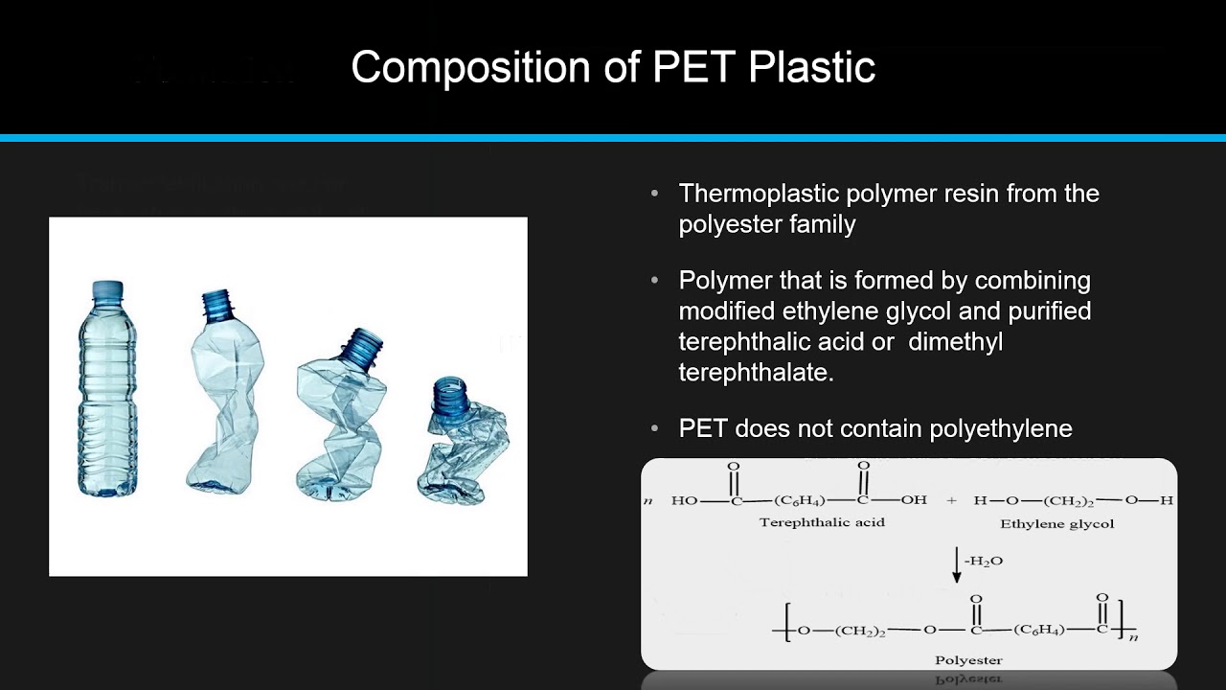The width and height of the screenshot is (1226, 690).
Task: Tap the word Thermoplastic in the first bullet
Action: pos(758,194)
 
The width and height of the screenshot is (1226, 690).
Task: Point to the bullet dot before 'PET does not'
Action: pos(655,428)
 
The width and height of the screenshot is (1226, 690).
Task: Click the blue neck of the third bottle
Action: pos(363,346)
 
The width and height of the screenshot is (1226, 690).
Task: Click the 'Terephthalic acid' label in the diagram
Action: pos(822,522)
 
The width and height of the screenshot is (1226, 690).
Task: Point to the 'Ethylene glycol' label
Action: pos(1056,523)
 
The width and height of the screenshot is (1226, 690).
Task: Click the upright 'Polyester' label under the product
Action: pos(967,659)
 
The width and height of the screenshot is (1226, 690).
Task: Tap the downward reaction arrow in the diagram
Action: pos(956,564)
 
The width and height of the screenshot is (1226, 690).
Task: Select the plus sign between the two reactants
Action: pos(951,500)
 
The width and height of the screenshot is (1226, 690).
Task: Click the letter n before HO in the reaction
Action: pos(648,501)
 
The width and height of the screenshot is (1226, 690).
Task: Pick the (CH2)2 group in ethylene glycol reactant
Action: pos(1074,500)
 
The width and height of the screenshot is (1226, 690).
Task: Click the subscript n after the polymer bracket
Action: pos(1133,636)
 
